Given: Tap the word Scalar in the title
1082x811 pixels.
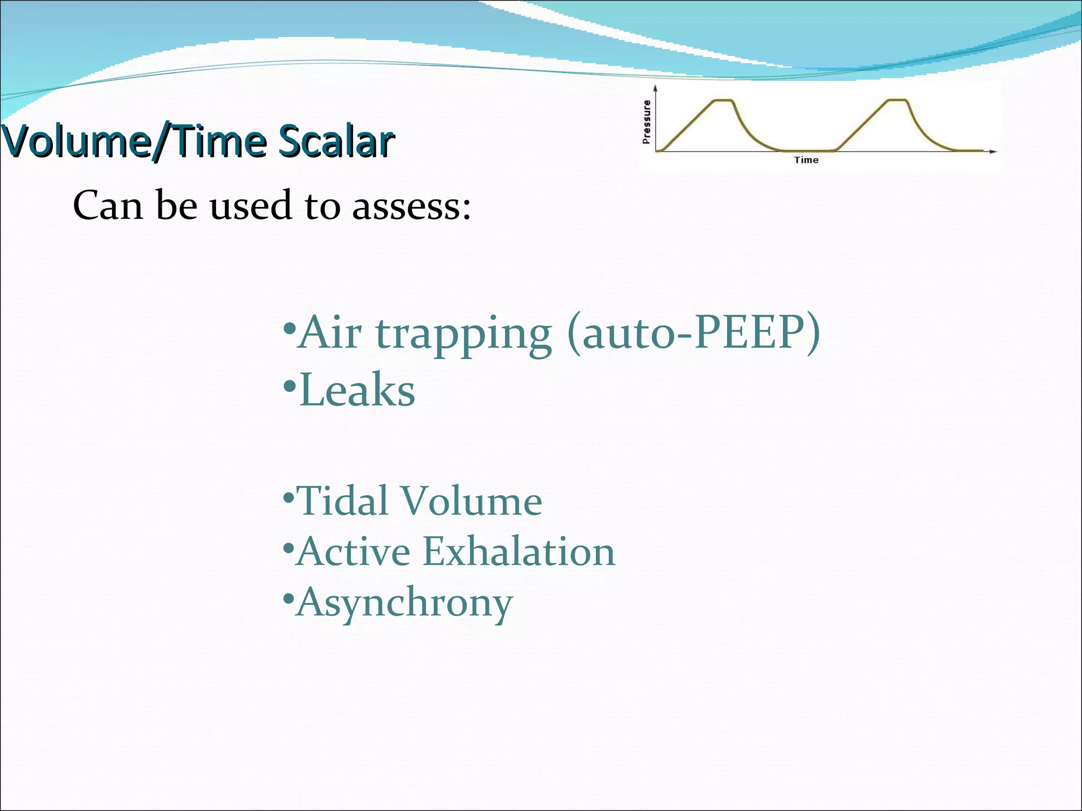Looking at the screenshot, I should click(336, 142).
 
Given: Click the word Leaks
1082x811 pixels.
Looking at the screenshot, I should click(357, 391).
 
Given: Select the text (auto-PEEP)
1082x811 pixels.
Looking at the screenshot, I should click(693, 333).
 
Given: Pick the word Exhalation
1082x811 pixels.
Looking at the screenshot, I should click(519, 552).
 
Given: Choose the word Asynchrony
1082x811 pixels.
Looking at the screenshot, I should click(404, 603).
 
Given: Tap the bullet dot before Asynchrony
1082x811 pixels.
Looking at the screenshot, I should click(288, 599).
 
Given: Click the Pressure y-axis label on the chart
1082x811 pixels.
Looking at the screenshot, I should click(646, 122).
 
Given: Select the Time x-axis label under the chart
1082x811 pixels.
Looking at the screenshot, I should click(806, 160).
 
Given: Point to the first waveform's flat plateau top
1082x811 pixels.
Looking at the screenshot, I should click(723, 100).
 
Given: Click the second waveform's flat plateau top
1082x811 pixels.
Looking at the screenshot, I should click(898, 100).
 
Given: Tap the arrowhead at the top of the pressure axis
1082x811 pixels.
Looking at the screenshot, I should click(655, 88).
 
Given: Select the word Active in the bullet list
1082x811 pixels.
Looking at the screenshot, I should click(353, 552).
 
